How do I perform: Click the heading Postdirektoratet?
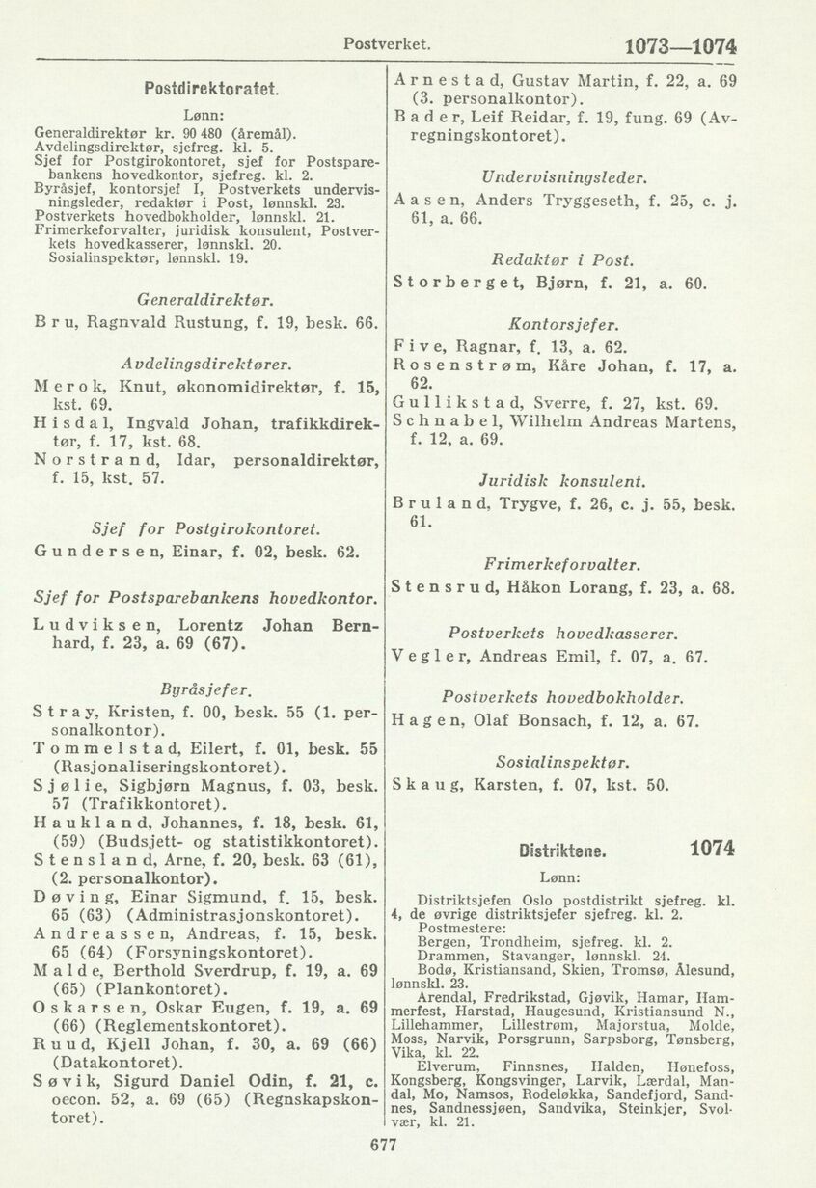click(211, 89)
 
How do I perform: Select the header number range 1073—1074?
click(682, 45)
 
